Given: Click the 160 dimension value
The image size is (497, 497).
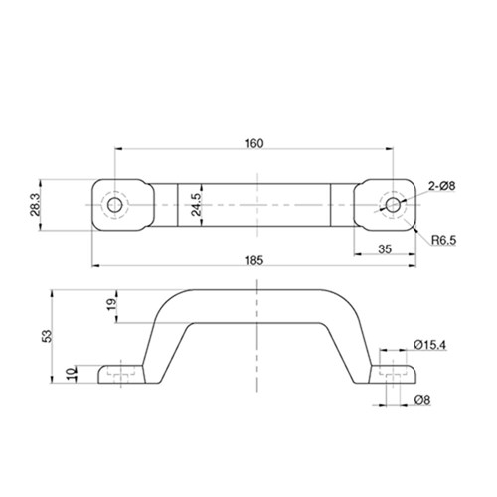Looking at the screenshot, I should [x=252, y=144].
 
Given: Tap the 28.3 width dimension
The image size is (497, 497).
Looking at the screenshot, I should [x=36, y=204].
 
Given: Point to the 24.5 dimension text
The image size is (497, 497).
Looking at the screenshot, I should [x=197, y=204].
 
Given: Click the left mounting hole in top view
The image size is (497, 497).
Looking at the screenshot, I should [x=115, y=204].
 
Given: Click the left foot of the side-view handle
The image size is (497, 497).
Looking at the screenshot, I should [x=121, y=375].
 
